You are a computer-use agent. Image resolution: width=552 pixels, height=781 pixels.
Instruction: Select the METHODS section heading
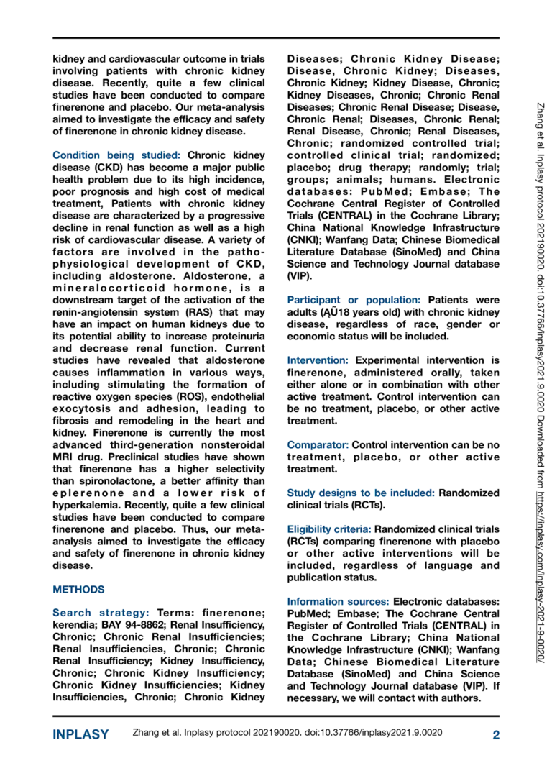pyautogui.click(x=79, y=589)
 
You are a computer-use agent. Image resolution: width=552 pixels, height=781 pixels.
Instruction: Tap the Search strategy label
pyautogui.click(x=101, y=613)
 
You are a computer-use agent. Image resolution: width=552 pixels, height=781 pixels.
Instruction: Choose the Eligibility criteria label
pyautogui.click(x=329, y=528)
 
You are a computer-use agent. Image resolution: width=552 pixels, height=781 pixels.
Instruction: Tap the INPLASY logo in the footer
pyautogui.click(x=80, y=734)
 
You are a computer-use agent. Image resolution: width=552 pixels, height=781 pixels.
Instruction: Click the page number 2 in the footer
pyautogui.click(x=495, y=734)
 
